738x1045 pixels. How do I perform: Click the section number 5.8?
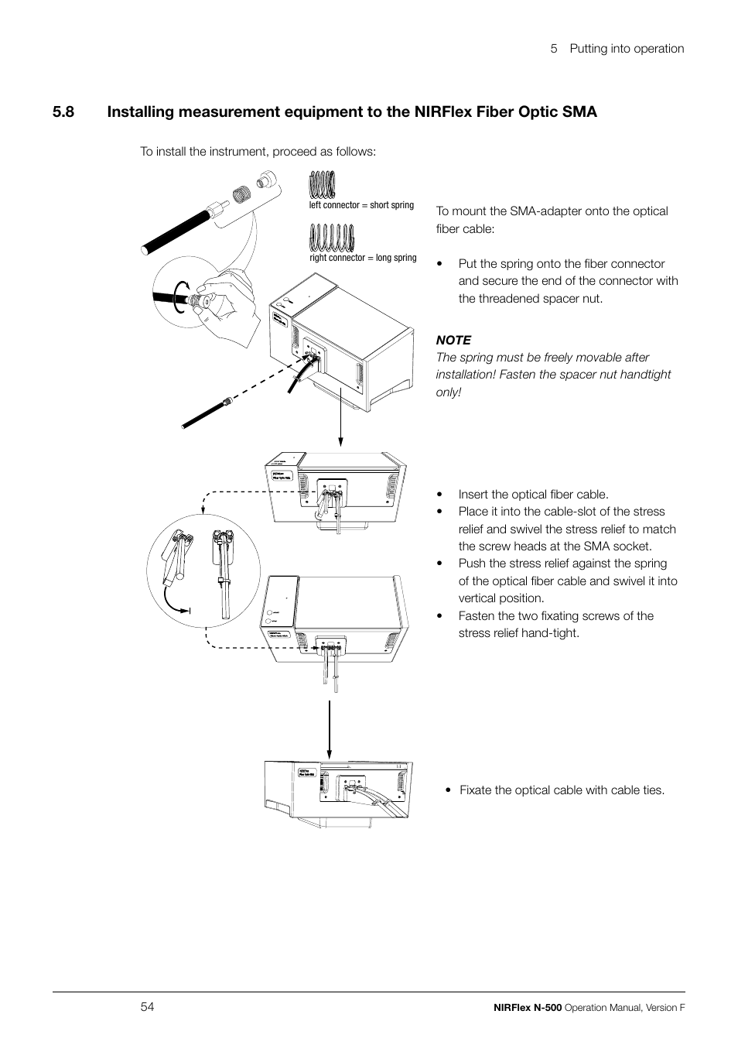64,112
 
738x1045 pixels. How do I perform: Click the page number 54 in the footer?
148,1006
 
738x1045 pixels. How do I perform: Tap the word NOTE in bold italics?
453,340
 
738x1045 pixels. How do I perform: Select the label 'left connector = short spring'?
361,205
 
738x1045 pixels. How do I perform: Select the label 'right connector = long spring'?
363,258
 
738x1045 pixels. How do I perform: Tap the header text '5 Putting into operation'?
617,48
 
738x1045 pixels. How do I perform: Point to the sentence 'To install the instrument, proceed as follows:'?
258,151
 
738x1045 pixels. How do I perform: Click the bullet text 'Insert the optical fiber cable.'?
533,494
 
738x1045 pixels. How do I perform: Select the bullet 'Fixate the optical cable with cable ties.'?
562,790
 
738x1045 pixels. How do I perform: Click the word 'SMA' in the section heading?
579,112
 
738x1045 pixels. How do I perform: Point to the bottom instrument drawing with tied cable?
339,790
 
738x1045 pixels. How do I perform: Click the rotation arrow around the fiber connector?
179,296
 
